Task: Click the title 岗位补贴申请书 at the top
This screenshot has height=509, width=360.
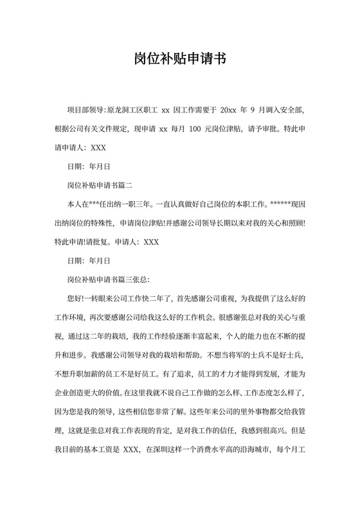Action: pyautogui.click(x=180, y=60)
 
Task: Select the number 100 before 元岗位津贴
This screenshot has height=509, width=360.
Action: pyautogui.click(x=197, y=129)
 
